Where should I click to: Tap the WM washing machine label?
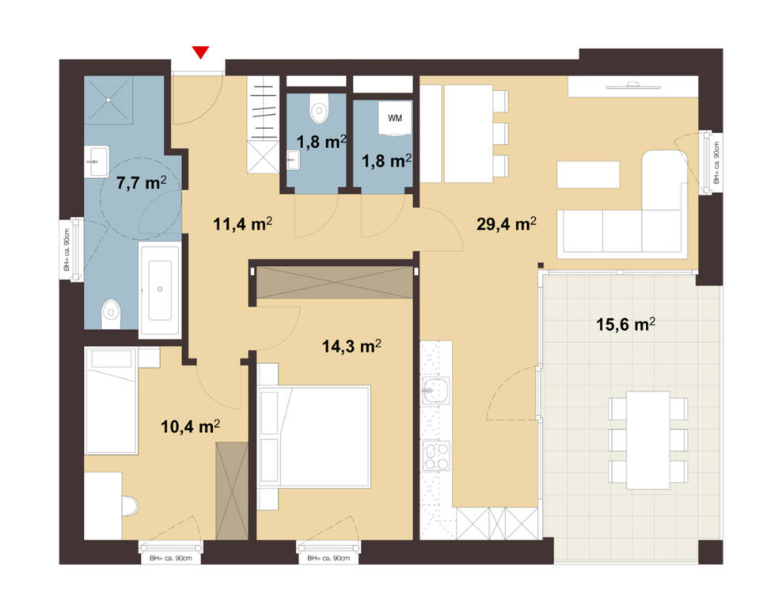394,118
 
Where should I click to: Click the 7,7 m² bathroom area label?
141,183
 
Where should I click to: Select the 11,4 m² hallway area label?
242,224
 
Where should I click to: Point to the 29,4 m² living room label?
507,224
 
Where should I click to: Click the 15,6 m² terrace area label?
625,324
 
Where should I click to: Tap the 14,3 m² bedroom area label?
351,346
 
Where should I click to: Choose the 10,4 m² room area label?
190,427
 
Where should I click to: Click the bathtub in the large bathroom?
160,290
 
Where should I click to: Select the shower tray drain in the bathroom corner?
108,100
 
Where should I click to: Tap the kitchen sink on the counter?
436,389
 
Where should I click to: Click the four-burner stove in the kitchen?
436,456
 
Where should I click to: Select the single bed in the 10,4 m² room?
111,401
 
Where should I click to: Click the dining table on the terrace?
648,440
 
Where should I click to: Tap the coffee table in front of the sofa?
588,175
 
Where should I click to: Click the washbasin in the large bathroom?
97,161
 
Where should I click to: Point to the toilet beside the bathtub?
111,314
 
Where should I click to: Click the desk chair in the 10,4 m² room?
130,506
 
